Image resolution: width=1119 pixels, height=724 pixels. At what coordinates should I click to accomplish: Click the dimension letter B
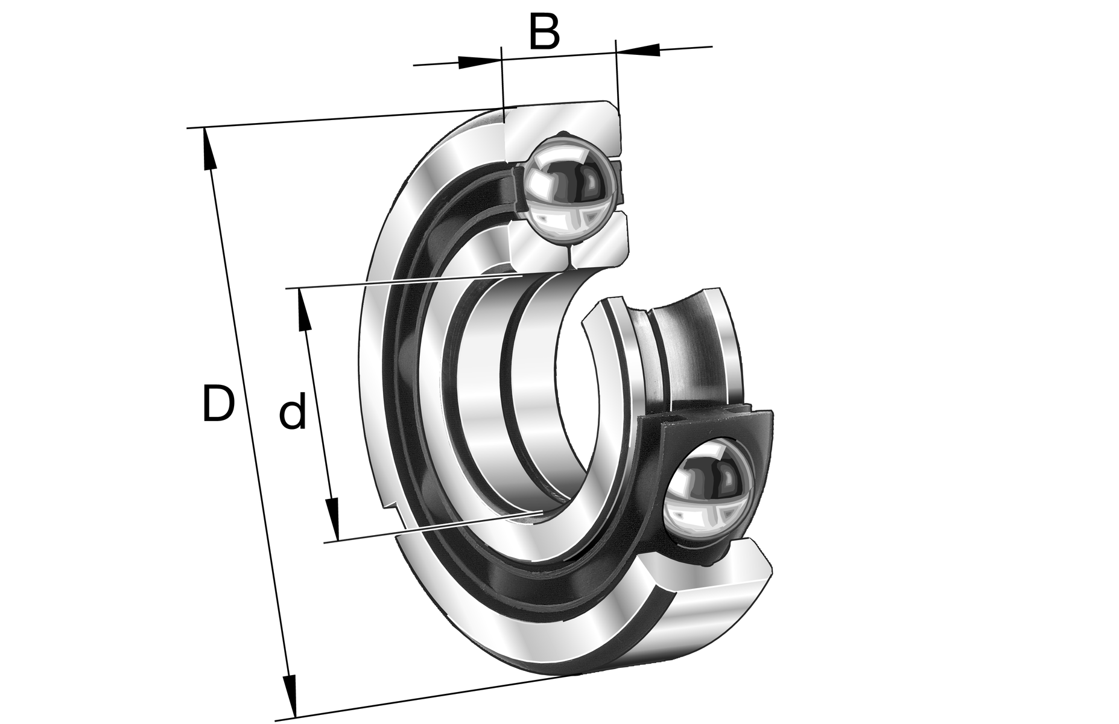pyautogui.click(x=544, y=32)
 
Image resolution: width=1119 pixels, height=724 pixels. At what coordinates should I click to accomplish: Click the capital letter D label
pyautogui.click(x=217, y=403)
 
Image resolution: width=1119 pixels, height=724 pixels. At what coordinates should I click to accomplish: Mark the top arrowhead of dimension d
pyautogui.click(x=305, y=310)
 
